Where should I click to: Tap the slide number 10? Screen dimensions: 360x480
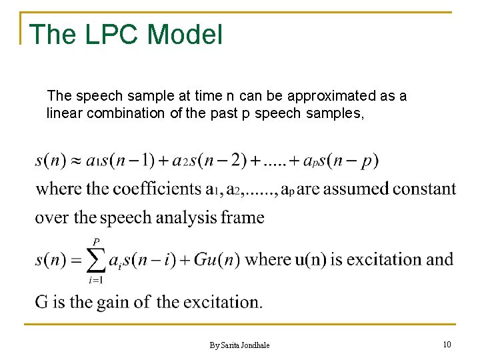tap(447, 344)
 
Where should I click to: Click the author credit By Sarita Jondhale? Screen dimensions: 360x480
tap(239, 345)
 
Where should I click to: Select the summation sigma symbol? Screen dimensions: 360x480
tap(95, 260)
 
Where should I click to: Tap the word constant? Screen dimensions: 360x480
tap(424, 189)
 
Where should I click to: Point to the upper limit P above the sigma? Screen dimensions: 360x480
tap(96, 241)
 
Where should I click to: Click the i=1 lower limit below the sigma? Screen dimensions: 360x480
tap(96, 280)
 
